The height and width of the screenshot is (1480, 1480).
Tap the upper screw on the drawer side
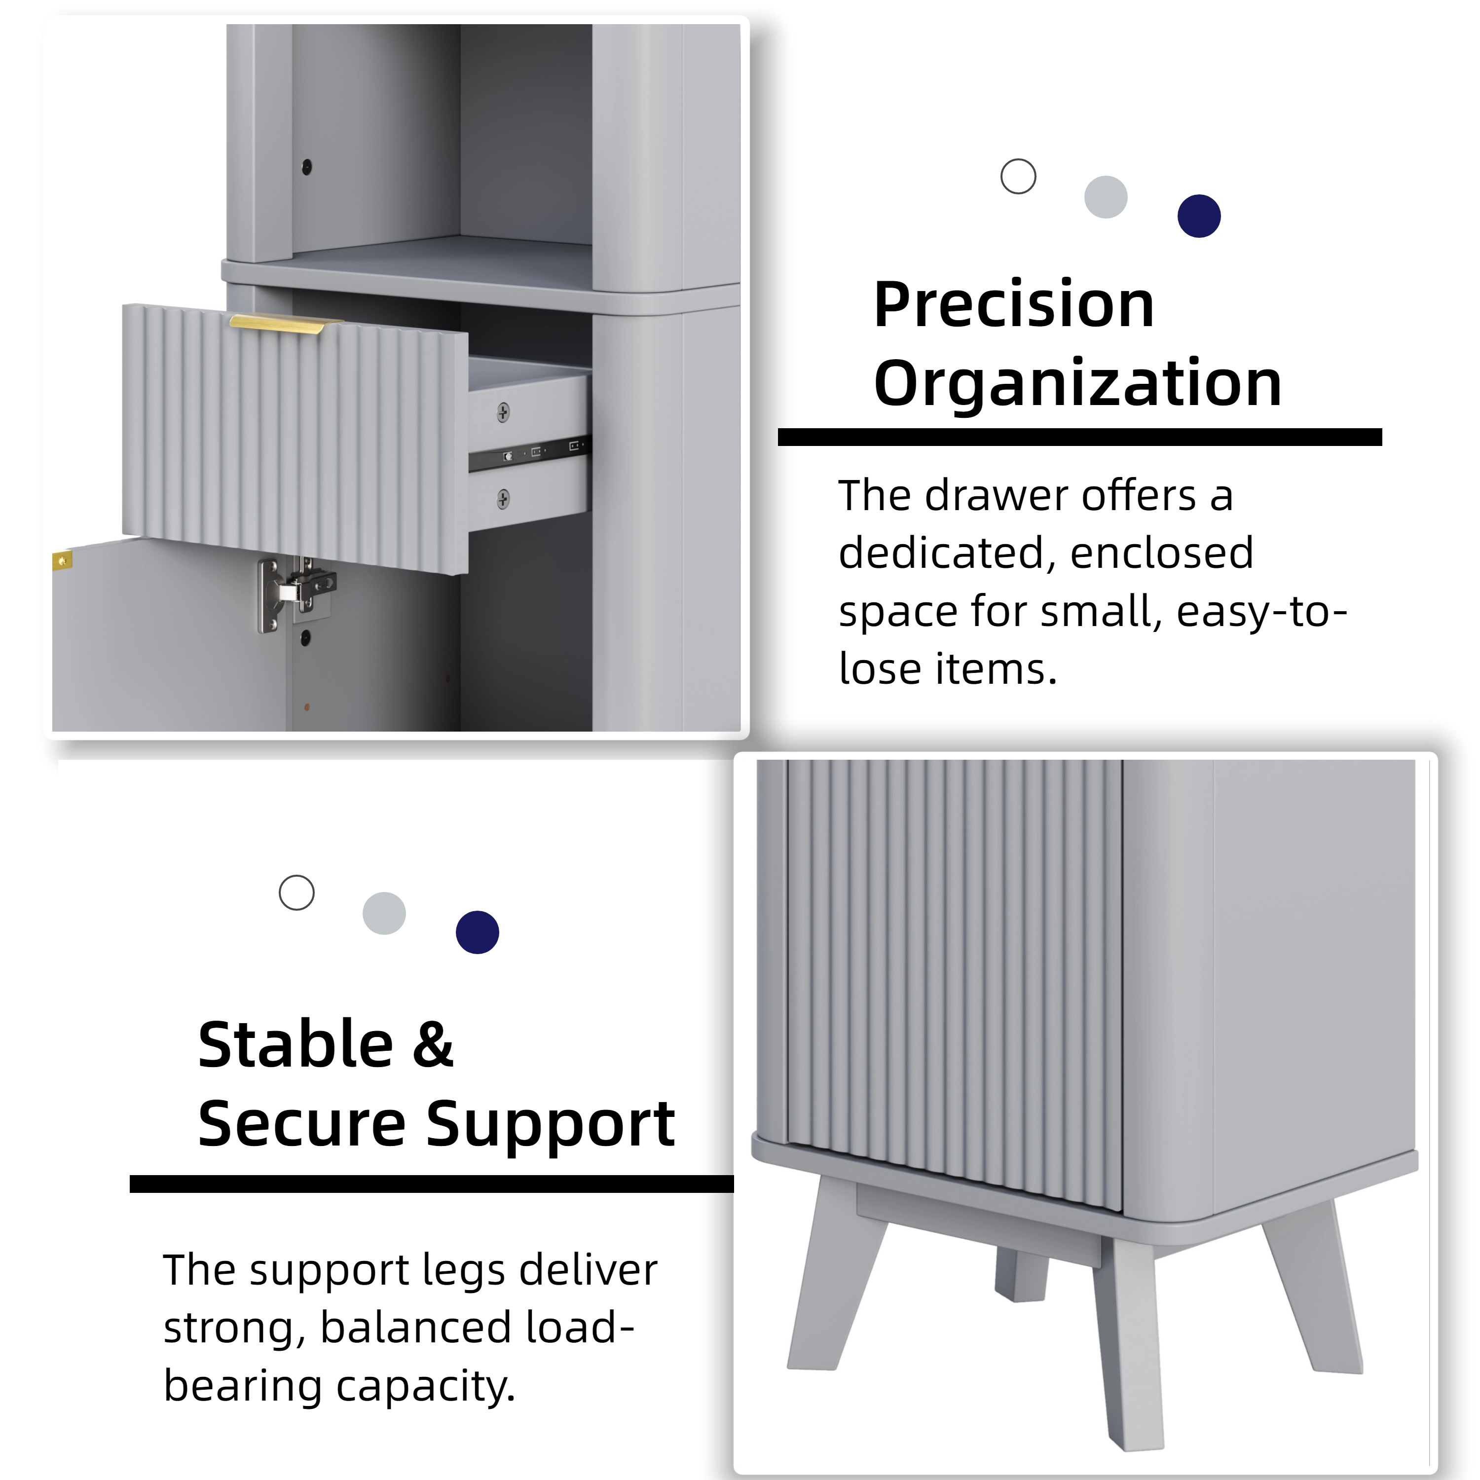(x=503, y=413)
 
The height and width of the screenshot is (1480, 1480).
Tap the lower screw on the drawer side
(x=503, y=499)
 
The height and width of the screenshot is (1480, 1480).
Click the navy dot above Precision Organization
(x=1199, y=216)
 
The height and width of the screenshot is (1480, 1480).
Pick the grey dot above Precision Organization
(x=1106, y=197)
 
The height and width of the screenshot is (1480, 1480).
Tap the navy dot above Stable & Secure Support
(x=477, y=932)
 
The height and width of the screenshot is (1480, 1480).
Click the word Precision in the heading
(x=1013, y=305)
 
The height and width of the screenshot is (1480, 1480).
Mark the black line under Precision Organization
(x=1079, y=438)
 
